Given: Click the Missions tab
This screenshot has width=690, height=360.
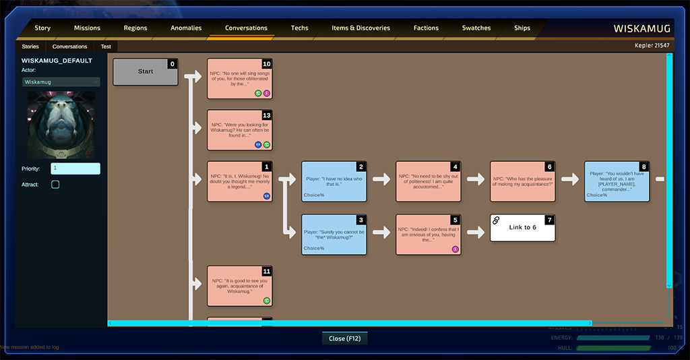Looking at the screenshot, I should point(87,28).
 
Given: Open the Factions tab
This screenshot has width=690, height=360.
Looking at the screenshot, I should point(426,28).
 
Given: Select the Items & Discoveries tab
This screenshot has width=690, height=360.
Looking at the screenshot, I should point(360,28).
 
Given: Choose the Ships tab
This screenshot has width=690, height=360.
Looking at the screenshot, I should point(522,28).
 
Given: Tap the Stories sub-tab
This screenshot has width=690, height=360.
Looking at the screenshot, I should point(30,47).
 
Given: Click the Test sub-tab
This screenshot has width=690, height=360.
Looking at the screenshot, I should point(106,47).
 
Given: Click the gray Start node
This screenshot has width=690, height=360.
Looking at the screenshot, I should point(146,71).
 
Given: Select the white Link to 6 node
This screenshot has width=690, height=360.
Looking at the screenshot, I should point(522,228).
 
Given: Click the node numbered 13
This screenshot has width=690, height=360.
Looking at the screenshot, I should point(240,130).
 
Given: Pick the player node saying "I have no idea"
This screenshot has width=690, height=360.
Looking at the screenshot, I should point(334,181).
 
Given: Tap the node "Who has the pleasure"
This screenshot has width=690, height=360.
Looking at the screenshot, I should point(522,181).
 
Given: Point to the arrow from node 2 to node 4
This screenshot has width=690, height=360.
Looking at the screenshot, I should point(381,179).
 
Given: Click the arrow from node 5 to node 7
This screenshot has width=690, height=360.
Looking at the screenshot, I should point(476,232).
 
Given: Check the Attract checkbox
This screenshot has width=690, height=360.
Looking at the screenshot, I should point(55,184).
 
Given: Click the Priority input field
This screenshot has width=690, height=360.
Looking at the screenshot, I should point(75,169).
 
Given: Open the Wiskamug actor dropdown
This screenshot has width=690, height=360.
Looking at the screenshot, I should point(61,82).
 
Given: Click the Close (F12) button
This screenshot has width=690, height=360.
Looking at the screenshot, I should point(345,338).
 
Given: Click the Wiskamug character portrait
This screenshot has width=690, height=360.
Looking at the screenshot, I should point(61,125).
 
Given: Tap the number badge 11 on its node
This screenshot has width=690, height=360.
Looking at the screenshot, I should point(267,271).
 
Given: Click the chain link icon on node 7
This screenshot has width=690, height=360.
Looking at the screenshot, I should point(496,220).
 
